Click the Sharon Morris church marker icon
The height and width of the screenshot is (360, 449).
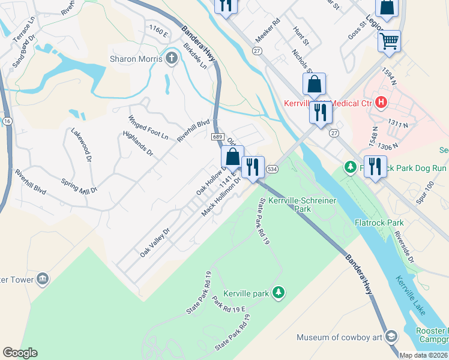point(172,59)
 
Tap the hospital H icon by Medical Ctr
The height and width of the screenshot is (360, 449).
point(380,103)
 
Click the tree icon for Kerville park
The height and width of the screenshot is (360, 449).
point(278,293)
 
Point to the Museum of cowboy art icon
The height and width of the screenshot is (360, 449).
point(391,337)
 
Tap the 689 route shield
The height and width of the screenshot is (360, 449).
point(217,137)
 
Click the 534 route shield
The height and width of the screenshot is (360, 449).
point(272,170)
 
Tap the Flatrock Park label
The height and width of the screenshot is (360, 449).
point(387,223)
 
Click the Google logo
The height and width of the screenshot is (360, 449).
point(20,353)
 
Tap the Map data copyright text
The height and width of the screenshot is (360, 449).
point(423,355)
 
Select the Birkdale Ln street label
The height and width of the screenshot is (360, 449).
point(195,56)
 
